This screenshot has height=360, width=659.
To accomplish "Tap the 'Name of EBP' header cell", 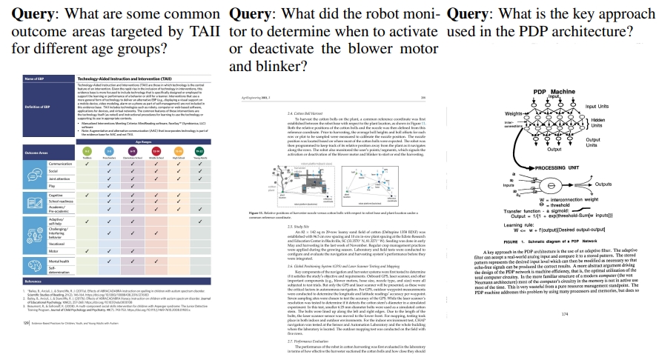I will [x=36, y=79].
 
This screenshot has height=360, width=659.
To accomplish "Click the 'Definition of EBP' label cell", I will [x=38, y=107].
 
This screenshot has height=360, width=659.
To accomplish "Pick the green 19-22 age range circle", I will [x=199, y=151].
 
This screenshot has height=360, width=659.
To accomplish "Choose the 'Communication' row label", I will [x=61, y=164].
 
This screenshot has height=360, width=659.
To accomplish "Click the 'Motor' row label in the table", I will [x=56, y=251].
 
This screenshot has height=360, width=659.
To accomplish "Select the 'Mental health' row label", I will [x=60, y=262].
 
